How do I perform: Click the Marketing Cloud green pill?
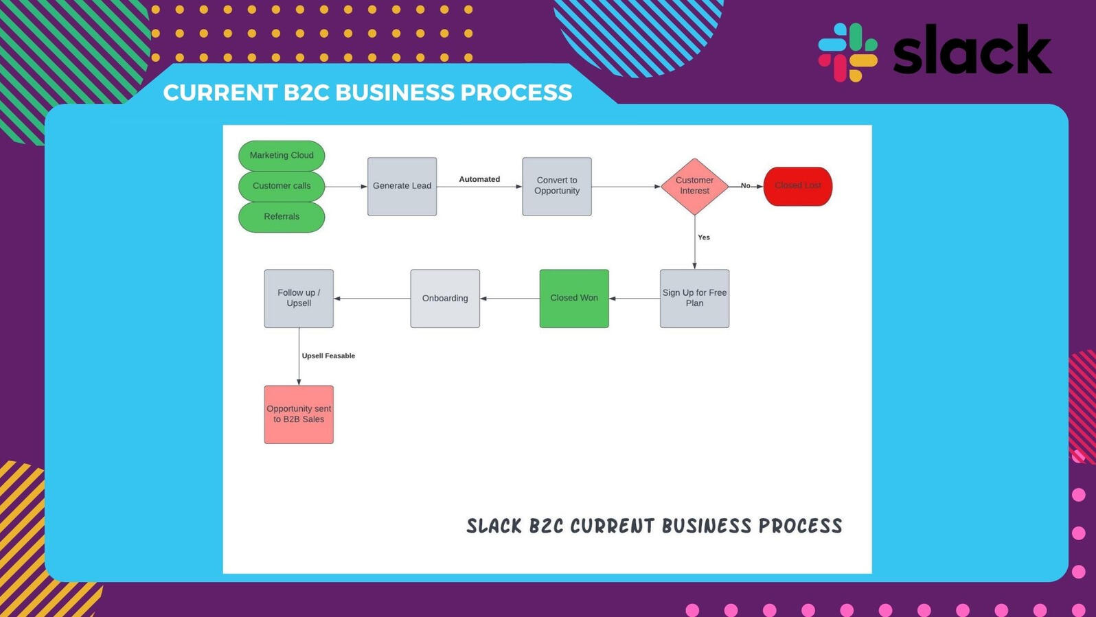282,156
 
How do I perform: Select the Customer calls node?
282,186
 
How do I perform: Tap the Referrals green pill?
282,217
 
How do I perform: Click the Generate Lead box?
402,186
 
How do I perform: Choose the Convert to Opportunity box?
557,186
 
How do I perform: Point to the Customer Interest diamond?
694,186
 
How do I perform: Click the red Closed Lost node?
797,186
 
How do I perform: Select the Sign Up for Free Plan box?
694,299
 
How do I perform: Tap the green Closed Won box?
574,299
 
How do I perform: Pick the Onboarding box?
445,299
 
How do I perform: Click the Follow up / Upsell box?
299,299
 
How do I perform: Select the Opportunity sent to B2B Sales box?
299,415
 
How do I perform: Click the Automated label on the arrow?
479,179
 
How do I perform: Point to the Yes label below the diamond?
704,237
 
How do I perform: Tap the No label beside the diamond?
745,185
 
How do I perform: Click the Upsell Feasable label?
328,356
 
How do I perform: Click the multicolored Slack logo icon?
847,52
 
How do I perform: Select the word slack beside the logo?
972,50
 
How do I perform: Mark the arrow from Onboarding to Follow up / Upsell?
372,299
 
